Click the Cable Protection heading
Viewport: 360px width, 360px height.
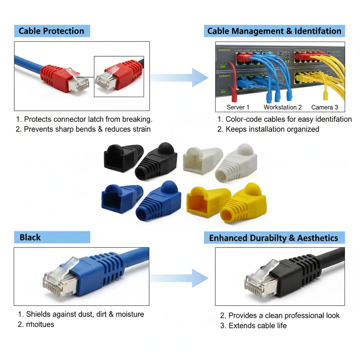(51, 31)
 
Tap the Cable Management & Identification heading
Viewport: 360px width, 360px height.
(274, 31)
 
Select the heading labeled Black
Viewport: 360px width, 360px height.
(30, 237)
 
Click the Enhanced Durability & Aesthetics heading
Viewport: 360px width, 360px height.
(274, 238)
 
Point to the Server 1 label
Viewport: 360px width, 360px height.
(238, 107)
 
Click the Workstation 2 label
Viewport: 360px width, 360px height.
(283, 107)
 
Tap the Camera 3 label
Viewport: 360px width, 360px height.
(324, 107)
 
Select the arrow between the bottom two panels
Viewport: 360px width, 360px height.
(180, 278)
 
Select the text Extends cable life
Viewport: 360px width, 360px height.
(257, 326)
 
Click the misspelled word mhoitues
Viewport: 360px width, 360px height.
(40, 324)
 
